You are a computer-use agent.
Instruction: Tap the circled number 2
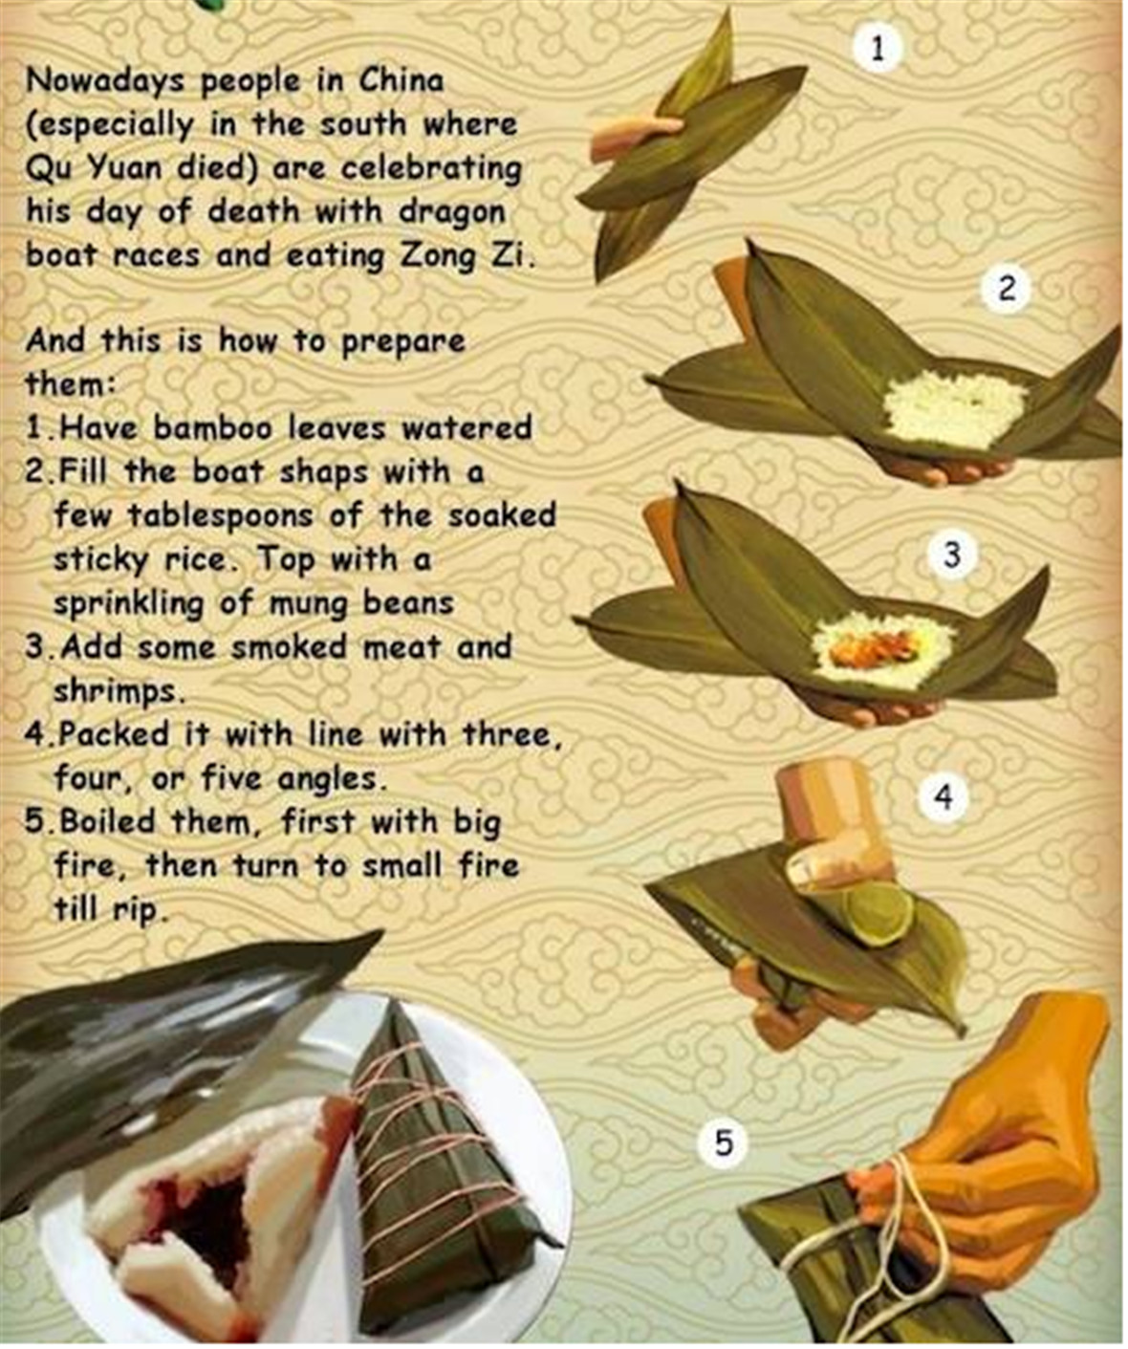[x=1006, y=290]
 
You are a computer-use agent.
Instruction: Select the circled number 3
[x=951, y=555]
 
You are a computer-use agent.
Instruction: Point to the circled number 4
[x=943, y=796]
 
